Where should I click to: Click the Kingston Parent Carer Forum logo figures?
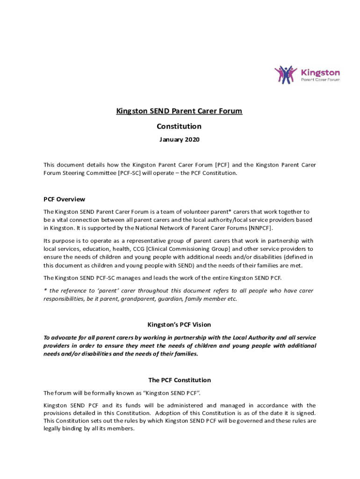click(286, 74)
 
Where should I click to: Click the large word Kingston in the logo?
click(320, 73)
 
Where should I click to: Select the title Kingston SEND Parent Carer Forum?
click(180, 111)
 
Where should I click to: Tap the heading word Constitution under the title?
click(180, 126)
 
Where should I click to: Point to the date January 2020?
click(180, 140)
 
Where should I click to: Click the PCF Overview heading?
click(64, 199)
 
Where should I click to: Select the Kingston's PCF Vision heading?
click(180, 324)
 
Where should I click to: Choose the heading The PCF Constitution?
click(180, 380)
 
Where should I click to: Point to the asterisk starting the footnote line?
click(45, 290)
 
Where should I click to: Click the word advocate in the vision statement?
click(64, 337)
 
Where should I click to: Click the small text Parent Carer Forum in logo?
click(320, 80)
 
